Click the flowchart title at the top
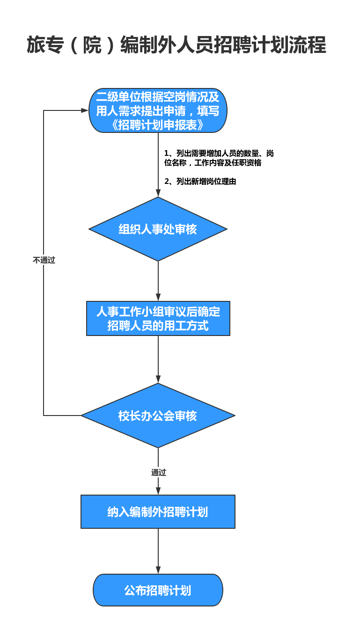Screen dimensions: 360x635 click(176, 45)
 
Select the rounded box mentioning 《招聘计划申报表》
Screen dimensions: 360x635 click(158, 110)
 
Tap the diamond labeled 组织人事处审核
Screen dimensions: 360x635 click(158, 229)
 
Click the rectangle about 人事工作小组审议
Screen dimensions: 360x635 click(158, 318)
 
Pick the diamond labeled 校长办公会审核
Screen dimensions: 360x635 click(158, 416)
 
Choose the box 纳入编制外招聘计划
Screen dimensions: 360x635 click(158, 511)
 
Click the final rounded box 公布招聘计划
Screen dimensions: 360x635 click(158, 590)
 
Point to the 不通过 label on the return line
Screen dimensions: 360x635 click(44, 260)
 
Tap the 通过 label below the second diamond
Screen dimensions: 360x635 click(159, 472)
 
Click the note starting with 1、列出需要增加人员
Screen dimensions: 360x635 click(219, 158)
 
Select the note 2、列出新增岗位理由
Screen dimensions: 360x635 click(200, 182)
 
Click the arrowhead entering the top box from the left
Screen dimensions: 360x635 click(85, 110)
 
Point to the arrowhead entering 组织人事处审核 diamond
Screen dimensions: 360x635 click(158, 193)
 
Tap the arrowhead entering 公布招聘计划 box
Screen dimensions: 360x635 click(158, 570)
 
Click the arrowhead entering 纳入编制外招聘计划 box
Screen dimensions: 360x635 click(158, 491)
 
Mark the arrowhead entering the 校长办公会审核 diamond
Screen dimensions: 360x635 click(158, 380)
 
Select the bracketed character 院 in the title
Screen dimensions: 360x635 click(92, 45)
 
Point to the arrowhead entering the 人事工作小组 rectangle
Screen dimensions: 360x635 click(158, 297)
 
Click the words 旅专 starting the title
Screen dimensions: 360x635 click(45, 45)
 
